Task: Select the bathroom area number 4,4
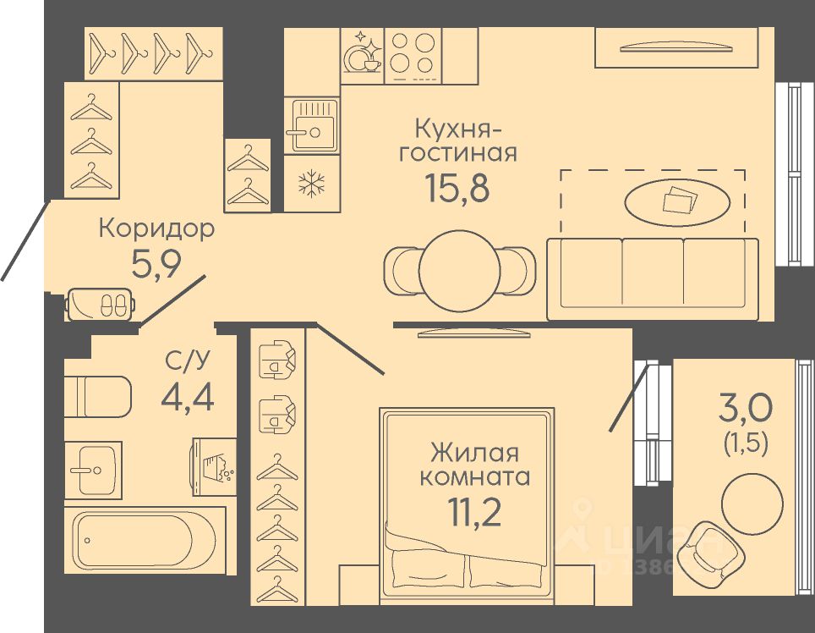click(187, 395)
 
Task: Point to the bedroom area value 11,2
click(473, 513)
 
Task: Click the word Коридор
click(157, 228)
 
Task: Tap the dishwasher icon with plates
click(363, 55)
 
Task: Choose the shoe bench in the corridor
click(100, 304)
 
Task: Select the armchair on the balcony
click(705, 546)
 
